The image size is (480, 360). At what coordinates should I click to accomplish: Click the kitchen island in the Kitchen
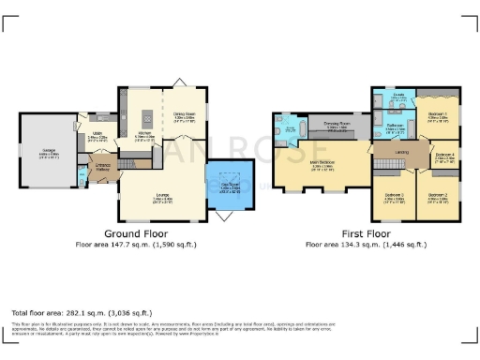[x=145, y=118]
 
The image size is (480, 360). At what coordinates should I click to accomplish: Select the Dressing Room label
[x=337, y=124]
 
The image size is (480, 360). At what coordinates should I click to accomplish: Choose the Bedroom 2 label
[x=438, y=197]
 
